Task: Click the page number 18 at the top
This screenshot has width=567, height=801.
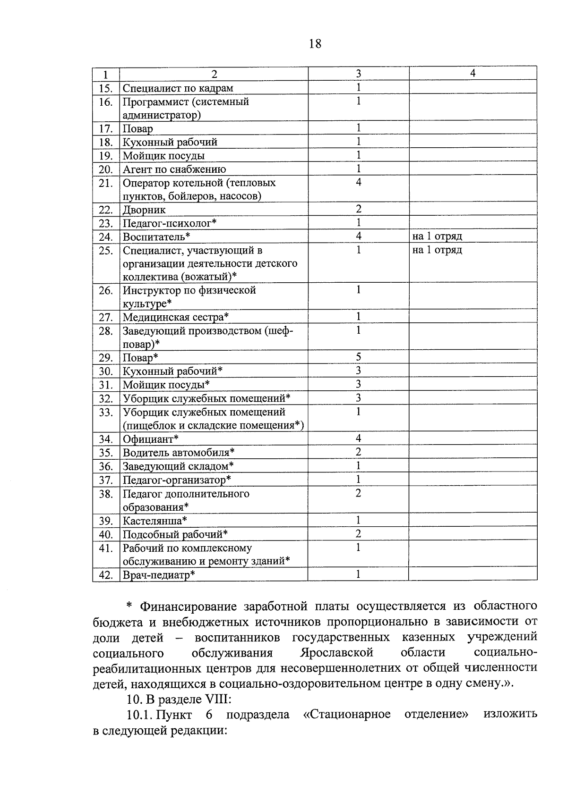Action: [315, 44]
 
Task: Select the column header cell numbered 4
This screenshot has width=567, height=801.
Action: [472, 73]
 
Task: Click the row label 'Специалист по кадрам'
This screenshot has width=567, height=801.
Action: [178, 88]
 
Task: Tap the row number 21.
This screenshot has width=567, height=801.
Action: [106, 183]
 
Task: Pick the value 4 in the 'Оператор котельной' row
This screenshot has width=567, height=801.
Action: [359, 182]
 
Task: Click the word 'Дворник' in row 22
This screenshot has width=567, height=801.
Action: [144, 210]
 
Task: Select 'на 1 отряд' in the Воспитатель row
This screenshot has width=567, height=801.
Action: [437, 236]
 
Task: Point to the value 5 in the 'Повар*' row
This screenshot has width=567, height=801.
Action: [359, 357]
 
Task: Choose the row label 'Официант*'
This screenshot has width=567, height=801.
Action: [150, 439]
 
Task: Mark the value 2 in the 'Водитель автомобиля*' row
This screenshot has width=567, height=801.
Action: [359, 452]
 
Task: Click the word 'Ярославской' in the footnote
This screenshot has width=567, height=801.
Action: [336, 653]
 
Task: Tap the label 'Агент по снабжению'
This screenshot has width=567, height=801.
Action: [174, 169]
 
